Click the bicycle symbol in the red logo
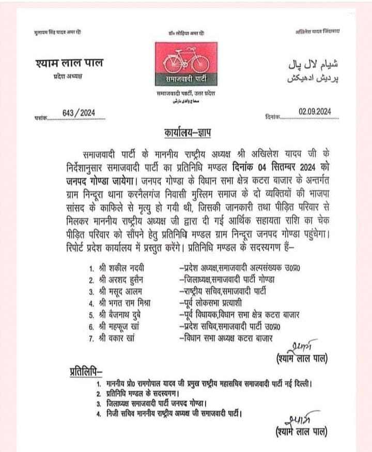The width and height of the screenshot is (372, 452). (x=185, y=61)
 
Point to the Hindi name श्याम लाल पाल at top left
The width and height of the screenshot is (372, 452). (x=70, y=64)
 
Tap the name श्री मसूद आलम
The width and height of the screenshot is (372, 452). (x=120, y=291)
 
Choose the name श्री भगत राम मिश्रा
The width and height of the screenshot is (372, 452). (x=126, y=303)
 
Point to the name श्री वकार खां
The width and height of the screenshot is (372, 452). (x=118, y=338)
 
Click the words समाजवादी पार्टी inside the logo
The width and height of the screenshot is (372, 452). (x=185, y=80)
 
